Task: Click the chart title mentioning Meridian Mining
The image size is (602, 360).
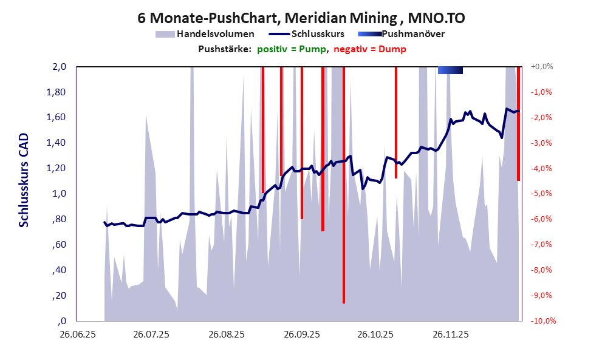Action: tap(301, 18)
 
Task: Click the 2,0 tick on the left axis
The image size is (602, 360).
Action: tap(58, 67)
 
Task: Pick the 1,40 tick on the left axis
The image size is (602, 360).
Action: tap(56, 143)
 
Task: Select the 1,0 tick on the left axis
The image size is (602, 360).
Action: tap(58, 194)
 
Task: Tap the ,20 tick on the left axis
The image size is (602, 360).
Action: tap(58, 296)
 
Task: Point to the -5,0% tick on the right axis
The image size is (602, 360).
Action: tap(541, 194)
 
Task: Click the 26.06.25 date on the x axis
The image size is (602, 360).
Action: tap(76, 335)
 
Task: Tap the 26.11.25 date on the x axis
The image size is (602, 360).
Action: tap(450, 335)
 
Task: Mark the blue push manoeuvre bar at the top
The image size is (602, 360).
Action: tap(450, 70)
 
